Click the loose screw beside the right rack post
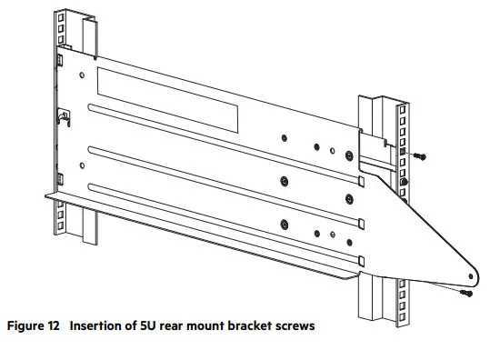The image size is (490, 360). pyautogui.click(x=419, y=156)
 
